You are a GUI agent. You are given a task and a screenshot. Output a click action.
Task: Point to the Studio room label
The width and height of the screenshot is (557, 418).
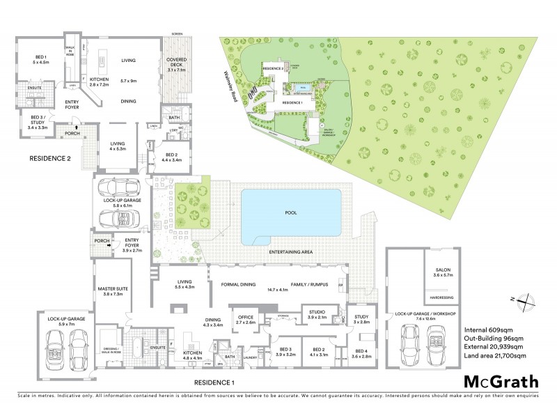point(317,315)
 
